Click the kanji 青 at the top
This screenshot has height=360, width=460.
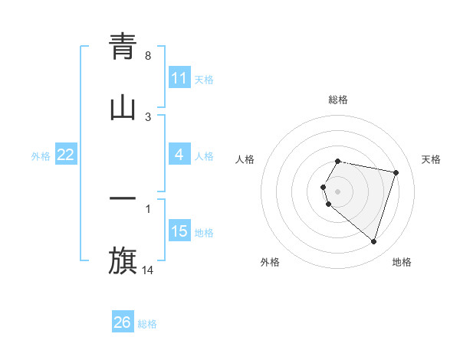point(123,47)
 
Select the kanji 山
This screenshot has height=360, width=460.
point(123,108)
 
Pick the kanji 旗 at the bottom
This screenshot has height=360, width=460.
point(123,260)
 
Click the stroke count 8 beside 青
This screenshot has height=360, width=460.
point(148,56)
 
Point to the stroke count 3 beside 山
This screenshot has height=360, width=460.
point(148,116)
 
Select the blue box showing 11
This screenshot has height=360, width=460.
point(179,78)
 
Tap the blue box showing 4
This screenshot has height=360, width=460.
point(179,155)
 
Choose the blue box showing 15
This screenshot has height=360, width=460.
point(179,231)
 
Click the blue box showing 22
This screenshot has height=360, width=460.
point(66,155)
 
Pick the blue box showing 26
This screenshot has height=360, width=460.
point(123,322)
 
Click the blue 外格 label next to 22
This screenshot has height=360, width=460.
point(41,155)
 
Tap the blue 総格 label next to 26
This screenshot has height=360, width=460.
point(147,323)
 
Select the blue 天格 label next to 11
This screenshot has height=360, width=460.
point(204,79)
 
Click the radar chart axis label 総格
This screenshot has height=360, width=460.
point(338,100)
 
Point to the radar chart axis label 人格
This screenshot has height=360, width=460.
point(245,159)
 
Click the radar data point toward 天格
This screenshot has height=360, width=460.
point(396,173)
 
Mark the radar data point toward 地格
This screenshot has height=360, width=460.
point(374,242)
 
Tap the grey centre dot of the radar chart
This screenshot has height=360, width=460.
point(338,191)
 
